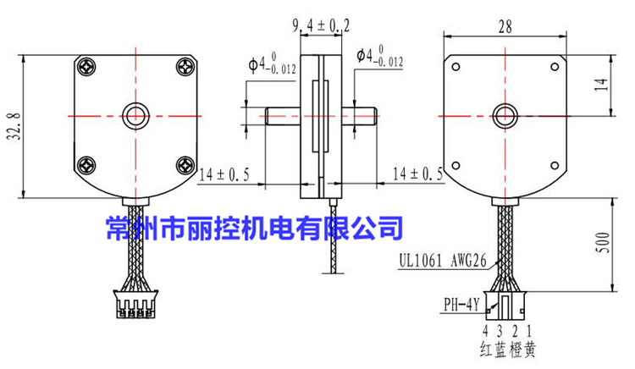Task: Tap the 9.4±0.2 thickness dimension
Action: pos(321,26)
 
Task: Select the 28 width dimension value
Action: pos(506,27)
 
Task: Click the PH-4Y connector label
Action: pos(461,302)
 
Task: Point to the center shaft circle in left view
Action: pos(135,115)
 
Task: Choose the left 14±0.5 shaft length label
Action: pos(224,175)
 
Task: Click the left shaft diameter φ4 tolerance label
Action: pos(273,63)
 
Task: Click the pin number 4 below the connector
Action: pos(486,331)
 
